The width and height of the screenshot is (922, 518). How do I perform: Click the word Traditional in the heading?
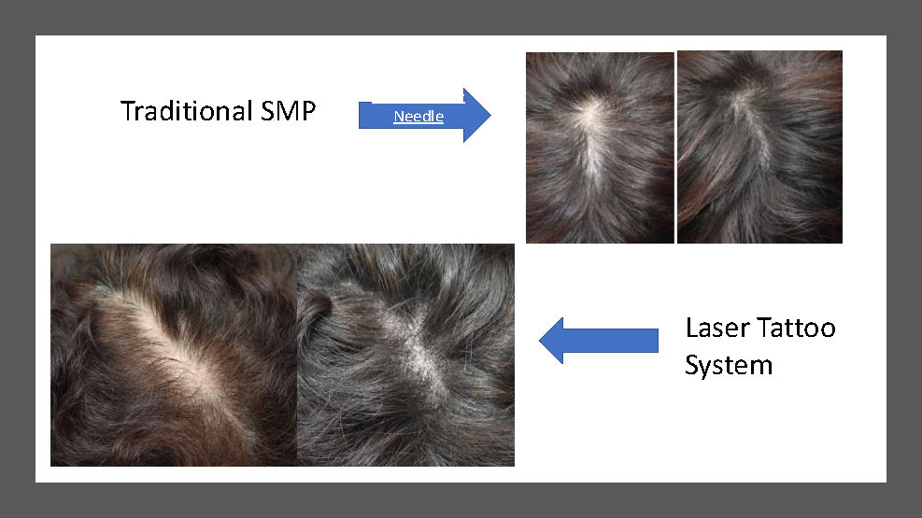click(x=187, y=110)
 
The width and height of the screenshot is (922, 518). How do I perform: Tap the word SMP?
click(x=288, y=110)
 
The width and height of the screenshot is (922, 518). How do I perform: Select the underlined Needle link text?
click(x=418, y=117)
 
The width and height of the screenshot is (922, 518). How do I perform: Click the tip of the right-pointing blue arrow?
click(x=490, y=115)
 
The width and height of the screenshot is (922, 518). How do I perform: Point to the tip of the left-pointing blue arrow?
click(x=540, y=341)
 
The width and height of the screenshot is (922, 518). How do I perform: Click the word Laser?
click(x=716, y=328)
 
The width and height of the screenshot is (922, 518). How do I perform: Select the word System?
click(x=729, y=365)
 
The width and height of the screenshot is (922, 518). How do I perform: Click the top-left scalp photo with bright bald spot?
click(x=600, y=147)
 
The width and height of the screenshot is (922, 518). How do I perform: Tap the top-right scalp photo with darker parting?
click(x=759, y=147)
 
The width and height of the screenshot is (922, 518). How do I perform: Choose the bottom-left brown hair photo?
click(x=174, y=355)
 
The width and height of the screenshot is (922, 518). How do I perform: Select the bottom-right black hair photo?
click(x=405, y=355)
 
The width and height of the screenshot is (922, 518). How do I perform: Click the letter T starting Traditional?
click(x=128, y=110)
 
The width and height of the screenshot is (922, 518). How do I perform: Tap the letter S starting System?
click(x=693, y=365)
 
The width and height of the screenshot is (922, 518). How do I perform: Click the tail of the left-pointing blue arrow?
click(x=658, y=341)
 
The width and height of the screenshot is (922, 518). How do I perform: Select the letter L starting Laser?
click(x=692, y=328)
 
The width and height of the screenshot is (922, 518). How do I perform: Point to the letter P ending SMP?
click(x=308, y=110)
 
